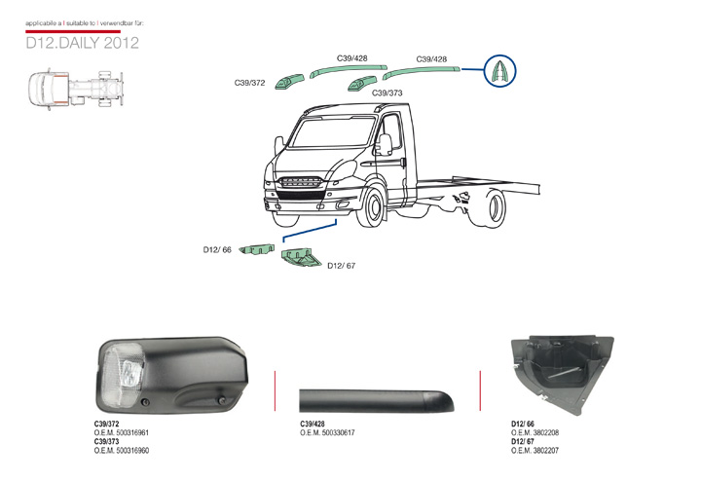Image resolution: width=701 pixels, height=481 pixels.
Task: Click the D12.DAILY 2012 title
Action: [82, 43]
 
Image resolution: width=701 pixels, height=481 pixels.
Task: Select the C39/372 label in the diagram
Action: [250, 84]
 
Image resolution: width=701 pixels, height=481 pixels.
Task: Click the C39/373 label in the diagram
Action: [387, 92]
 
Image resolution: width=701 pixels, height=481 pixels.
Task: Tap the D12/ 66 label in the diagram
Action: [217, 250]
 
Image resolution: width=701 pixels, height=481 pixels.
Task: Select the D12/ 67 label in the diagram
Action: [342, 265]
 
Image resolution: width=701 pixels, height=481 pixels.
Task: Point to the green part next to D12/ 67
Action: [301, 258]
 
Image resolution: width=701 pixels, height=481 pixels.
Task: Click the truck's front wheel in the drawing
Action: [371, 207]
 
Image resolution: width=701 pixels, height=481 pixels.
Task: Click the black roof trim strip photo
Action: [381, 398]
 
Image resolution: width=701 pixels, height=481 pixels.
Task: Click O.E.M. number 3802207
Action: [535, 451]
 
